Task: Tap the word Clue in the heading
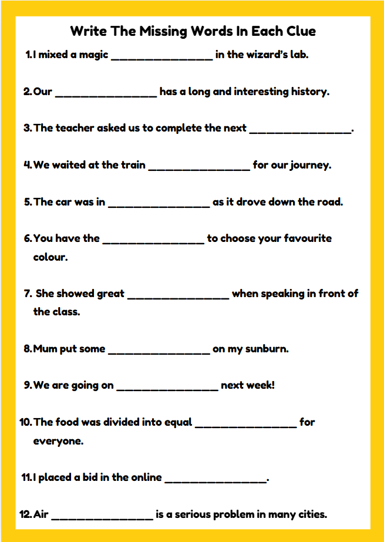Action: (296, 31)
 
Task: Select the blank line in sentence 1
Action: (161, 58)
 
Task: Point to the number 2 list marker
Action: (27, 92)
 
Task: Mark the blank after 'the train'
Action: (199, 168)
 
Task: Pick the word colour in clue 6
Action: (50, 257)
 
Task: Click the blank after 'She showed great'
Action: (178, 297)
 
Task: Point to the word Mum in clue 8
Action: (45, 349)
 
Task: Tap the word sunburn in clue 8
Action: (267, 349)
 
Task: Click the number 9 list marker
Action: (28, 386)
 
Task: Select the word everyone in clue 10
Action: (58, 441)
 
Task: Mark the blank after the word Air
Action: (102, 517)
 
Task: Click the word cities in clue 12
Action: (312, 514)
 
